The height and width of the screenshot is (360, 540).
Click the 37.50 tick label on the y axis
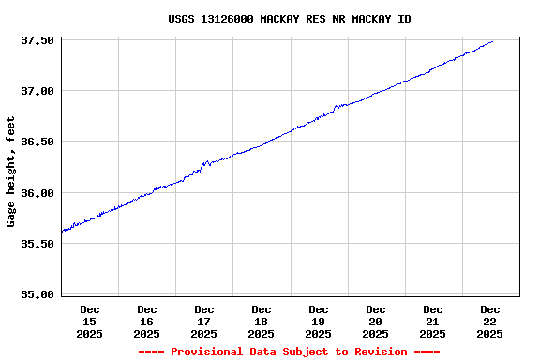[x=37, y=40]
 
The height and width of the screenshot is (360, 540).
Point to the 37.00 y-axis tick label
[x=37, y=91]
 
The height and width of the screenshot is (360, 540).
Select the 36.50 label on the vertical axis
[x=37, y=142]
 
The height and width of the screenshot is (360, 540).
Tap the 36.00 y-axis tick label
[x=37, y=193]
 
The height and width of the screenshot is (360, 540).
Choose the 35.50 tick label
[x=37, y=244]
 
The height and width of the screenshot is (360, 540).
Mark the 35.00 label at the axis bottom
[x=37, y=294]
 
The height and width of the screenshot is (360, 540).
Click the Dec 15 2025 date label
[x=90, y=321]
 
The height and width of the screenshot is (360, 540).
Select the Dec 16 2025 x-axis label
[x=147, y=321]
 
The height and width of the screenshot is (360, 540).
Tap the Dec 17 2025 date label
[x=204, y=321]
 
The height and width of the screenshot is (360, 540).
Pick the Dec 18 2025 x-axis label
[x=262, y=321]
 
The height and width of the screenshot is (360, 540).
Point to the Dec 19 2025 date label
[x=319, y=321]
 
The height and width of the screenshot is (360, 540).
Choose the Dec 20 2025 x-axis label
[x=376, y=321]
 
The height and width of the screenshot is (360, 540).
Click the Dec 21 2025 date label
[x=433, y=321]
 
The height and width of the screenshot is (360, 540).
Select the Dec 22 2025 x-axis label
[x=489, y=321]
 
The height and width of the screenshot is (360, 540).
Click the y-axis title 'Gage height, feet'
[x=11, y=172]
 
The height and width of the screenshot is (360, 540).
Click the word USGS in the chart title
[x=182, y=19]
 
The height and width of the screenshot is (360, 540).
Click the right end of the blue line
[x=492, y=41]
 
